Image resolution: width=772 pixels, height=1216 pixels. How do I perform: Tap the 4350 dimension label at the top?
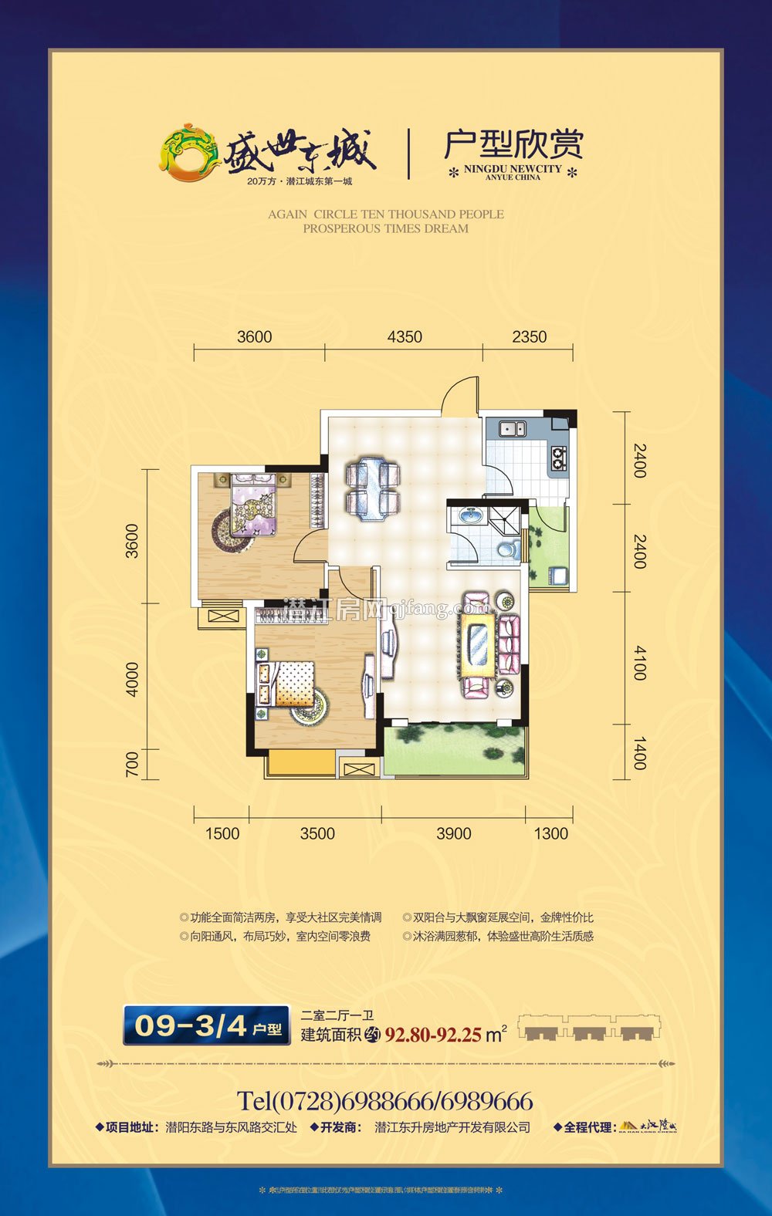tap(405, 336)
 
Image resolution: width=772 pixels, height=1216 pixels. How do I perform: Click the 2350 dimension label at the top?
tap(529, 336)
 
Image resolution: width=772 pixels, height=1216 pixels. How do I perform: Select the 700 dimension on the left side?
tap(132, 763)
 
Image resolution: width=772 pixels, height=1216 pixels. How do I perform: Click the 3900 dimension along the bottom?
tap(453, 833)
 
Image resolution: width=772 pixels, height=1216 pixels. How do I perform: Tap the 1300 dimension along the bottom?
tap(550, 833)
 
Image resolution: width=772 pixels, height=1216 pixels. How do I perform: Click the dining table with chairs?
tap(372, 488)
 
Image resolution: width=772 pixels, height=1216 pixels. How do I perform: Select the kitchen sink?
tap(511, 428)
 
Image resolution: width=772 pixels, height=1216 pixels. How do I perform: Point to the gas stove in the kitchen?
tap(558, 459)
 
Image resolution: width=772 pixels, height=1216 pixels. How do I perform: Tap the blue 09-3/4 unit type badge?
tap(206, 1025)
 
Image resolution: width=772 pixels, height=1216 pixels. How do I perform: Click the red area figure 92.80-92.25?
tap(433, 1035)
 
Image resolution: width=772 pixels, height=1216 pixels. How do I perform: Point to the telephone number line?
tap(384, 1100)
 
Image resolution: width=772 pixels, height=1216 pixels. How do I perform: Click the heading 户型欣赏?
tap(513, 144)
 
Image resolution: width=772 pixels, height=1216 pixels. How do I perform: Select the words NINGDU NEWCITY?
tap(513, 168)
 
